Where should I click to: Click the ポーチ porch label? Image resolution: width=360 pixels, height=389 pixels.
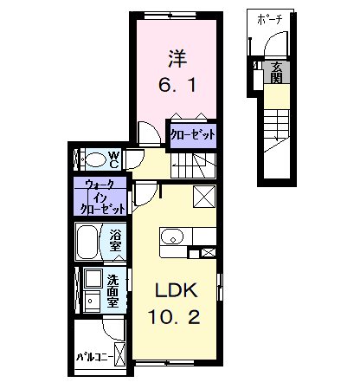click(x=269, y=20)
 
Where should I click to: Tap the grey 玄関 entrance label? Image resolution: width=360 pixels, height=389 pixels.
click(x=276, y=72)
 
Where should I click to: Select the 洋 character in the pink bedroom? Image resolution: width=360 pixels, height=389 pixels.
click(x=177, y=59)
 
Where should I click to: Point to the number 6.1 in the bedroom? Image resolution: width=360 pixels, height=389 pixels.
click(x=177, y=85)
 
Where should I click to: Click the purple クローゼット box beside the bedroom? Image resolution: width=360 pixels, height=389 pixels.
click(x=193, y=136)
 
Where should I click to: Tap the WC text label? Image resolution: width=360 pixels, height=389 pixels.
click(x=114, y=160)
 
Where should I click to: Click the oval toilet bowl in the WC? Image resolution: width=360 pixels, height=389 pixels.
click(x=96, y=159)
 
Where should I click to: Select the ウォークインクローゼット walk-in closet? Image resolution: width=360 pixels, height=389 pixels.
click(x=100, y=196)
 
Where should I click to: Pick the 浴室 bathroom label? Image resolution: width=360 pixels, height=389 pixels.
click(x=115, y=241)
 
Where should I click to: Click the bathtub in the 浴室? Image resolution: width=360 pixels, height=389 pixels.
click(x=87, y=242)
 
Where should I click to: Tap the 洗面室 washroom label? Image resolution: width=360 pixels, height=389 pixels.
click(x=112, y=290)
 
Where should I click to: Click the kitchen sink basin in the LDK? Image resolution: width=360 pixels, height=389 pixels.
click(x=172, y=237)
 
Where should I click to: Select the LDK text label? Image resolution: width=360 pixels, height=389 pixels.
click(x=177, y=290)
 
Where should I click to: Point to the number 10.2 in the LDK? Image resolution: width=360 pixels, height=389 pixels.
click(x=174, y=317)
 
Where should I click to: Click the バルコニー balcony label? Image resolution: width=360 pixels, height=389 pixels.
click(x=94, y=357)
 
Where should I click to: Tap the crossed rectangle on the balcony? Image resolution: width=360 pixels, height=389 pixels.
click(x=119, y=354)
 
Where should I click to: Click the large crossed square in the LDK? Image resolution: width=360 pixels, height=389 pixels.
click(x=204, y=197)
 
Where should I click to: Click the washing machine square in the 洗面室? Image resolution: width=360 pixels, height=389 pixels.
click(x=93, y=278)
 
